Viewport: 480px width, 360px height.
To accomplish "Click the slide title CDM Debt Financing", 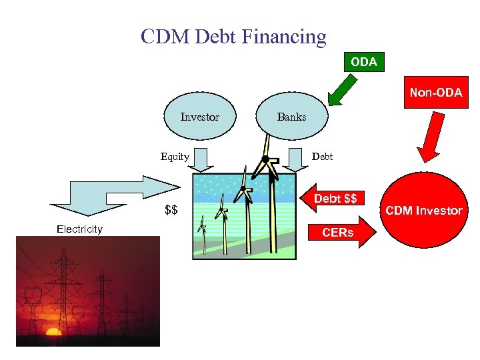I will pyautogui.click(x=233, y=36).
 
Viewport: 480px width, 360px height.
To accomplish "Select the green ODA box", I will pyautogui.click(x=363, y=62).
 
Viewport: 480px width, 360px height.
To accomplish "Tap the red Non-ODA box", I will pyautogui.click(x=435, y=93).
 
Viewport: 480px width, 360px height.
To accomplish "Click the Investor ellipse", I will pyautogui.click(x=200, y=117).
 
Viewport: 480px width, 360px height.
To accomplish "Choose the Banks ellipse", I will pyautogui.click(x=291, y=117).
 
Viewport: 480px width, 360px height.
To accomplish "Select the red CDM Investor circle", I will pyautogui.click(x=424, y=211).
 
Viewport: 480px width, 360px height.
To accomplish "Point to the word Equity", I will pyautogui.click(x=175, y=157).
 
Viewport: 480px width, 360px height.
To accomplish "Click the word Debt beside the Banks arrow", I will pyautogui.click(x=323, y=157).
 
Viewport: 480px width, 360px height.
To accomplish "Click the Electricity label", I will pyautogui.click(x=79, y=229).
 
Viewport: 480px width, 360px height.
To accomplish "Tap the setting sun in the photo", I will pyautogui.click(x=53, y=331).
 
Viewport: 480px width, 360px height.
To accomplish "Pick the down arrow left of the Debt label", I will pyautogui.click(x=293, y=159).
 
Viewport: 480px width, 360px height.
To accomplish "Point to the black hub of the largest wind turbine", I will pyautogui.click(x=265, y=159).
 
